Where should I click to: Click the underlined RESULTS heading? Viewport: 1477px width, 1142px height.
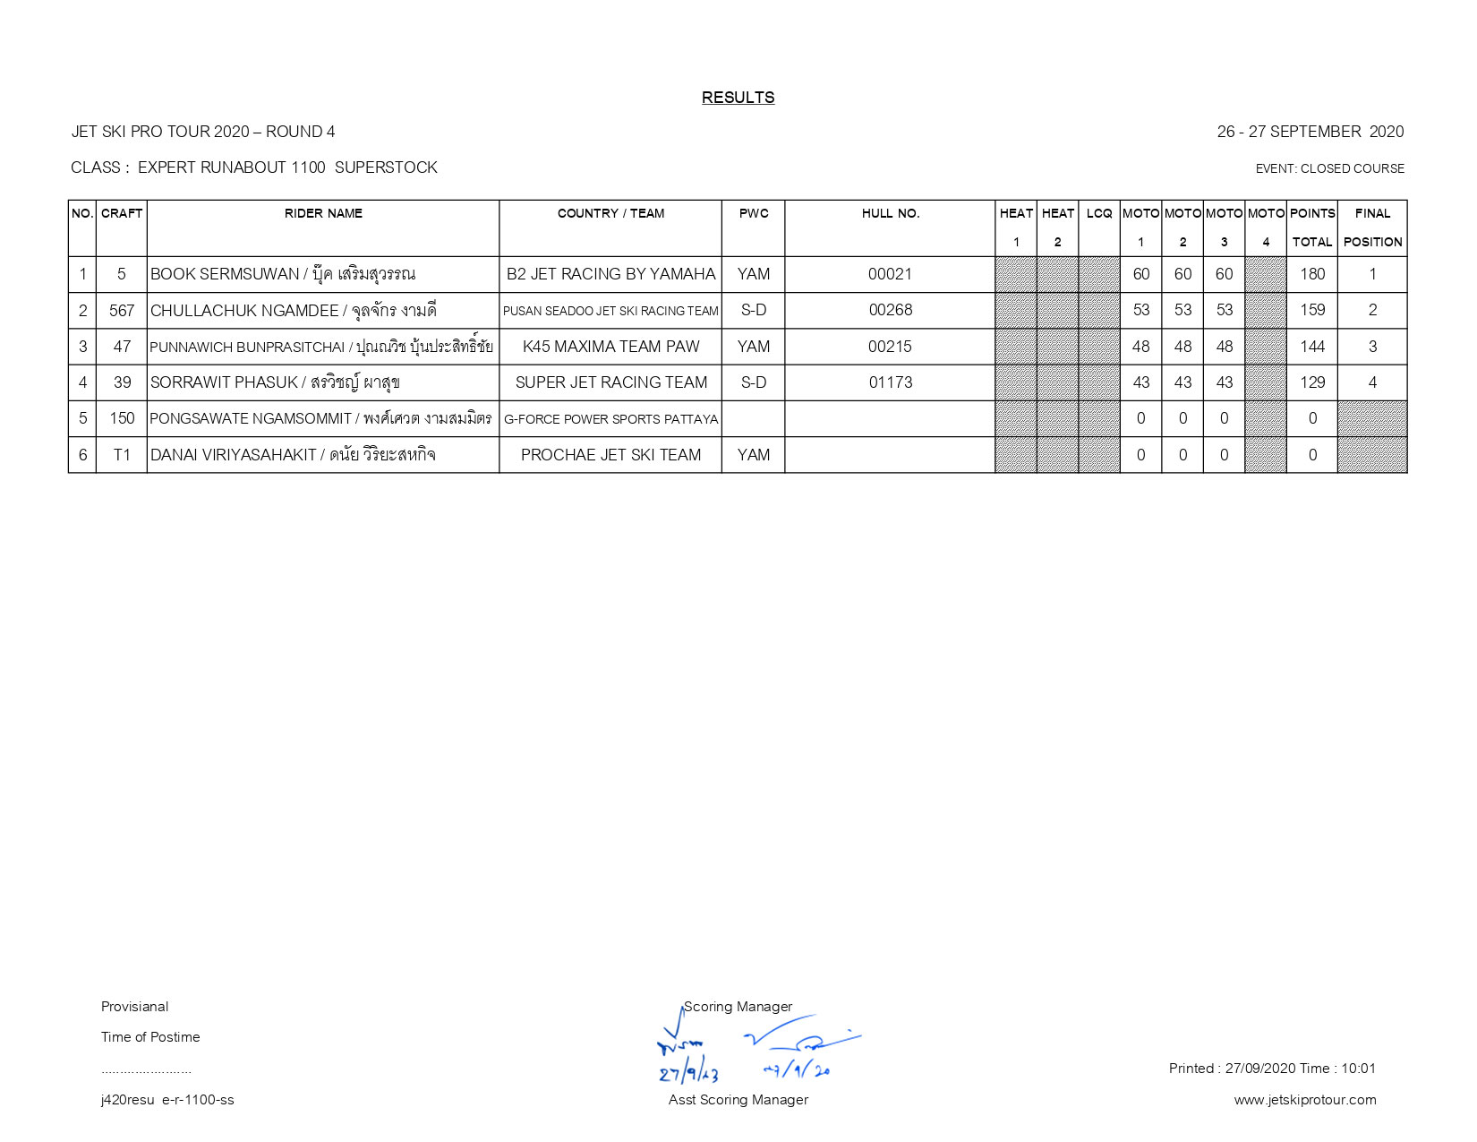[x=738, y=98]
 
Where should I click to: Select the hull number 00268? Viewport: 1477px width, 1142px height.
[x=890, y=310]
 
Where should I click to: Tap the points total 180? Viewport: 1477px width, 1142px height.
[x=1311, y=274]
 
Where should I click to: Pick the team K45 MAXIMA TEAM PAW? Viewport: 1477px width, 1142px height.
[x=610, y=347]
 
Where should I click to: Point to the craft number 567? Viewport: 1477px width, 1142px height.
[x=122, y=310]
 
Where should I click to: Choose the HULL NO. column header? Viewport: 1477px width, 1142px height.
[x=890, y=213]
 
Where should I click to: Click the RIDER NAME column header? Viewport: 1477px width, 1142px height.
[x=323, y=213]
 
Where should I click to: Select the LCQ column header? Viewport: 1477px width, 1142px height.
[x=1098, y=213]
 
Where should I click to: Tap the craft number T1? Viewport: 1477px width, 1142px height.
[x=122, y=455]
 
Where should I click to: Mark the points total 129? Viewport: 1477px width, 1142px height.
[x=1311, y=382]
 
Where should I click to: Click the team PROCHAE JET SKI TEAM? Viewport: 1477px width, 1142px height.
[x=610, y=455]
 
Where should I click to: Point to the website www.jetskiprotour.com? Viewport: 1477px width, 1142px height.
[x=1304, y=1100]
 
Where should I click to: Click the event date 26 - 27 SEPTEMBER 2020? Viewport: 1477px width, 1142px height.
[x=1310, y=132]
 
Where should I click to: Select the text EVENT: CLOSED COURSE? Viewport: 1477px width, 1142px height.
[x=1329, y=168]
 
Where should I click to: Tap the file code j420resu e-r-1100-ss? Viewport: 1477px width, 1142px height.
[x=167, y=1100]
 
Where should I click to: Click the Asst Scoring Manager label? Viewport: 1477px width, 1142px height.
[x=738, y=1100]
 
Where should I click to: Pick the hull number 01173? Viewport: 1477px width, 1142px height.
[x=890, y=382]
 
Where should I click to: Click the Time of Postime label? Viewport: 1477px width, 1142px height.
[x=150, y=1037]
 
